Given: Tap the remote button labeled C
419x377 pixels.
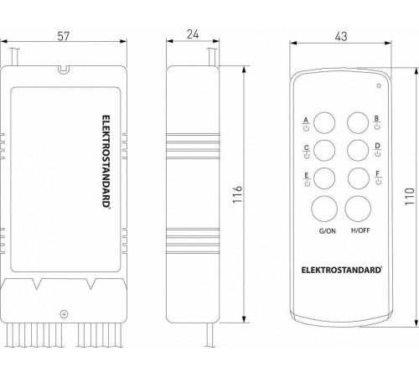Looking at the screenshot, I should pos(325,151).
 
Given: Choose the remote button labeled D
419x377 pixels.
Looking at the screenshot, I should pos(359,151).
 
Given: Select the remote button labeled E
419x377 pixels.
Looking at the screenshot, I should pos(325,179).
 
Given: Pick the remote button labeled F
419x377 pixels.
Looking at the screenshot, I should pos(359,179).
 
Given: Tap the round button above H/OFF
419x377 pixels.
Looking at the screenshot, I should pos(360,209).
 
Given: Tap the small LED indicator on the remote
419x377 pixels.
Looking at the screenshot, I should pos(378,85).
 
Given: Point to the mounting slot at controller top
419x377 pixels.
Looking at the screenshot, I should pos(64,70).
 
